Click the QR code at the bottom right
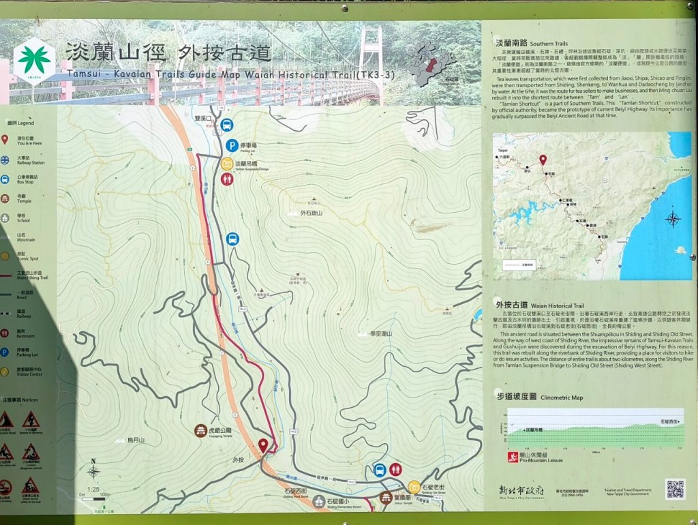[675, 489]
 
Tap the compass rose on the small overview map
[673, 219]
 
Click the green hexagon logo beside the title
[34, 60]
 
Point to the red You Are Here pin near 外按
[263, 446]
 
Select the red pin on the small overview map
[543, 160]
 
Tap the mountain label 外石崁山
[315, 213]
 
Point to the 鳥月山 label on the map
[136, 440]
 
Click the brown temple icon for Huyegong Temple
[200, 431]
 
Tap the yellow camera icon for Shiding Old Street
[414, 487]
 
